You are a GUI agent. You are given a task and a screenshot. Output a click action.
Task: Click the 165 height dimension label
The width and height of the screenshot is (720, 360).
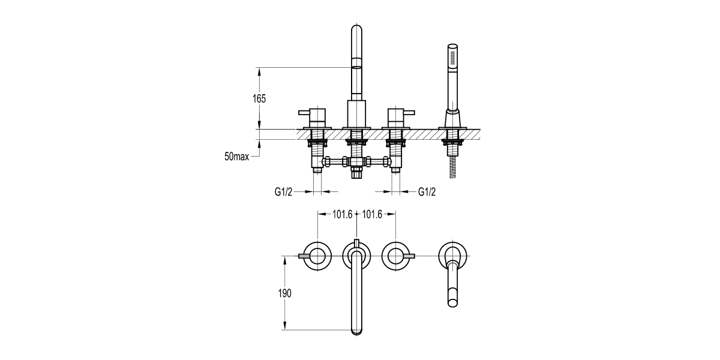pyautogui.click(x=259, y=99)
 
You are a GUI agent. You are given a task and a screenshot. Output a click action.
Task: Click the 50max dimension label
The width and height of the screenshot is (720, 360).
pyautogui.click(x=237, y=157)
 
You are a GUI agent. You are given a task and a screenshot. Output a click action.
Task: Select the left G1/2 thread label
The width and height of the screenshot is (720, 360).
pyautogui.click(x=284, y=192)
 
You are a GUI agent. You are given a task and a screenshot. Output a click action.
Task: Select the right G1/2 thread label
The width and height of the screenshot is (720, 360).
pyautogui.click(x=427, y=192)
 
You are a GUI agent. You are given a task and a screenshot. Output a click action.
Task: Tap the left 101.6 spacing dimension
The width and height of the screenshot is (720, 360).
pyautogui.click(x=343, y=214)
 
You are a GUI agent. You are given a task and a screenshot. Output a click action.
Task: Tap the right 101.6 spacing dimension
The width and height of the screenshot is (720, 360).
pyautogui.click(x=372, y=214)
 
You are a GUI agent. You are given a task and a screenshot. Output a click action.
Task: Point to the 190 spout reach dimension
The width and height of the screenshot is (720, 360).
pyautogui.click(x=285, y=293)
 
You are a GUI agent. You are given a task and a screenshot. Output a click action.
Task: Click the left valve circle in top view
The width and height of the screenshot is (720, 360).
pyautogui.click(x=317, y=256)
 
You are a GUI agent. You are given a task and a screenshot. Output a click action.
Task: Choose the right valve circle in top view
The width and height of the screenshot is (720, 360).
pyautogui.click(x=395, y=256)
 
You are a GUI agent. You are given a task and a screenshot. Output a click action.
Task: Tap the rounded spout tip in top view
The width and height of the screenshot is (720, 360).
pyautogui.click(x=356, y=328)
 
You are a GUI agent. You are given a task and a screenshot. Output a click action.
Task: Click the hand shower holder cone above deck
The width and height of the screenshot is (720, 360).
pyautogui.click(x=453, y=117)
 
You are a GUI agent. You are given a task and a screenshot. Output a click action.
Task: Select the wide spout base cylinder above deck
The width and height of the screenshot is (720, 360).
pyautogui.click(x=356, y=113)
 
